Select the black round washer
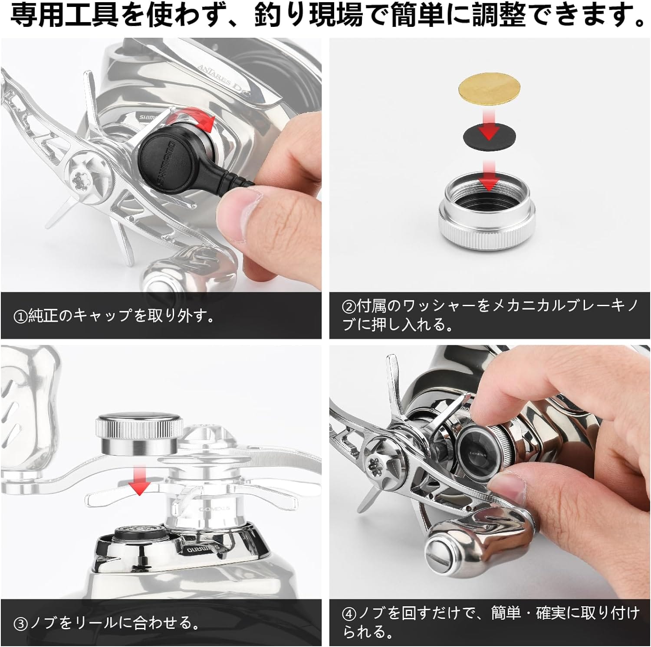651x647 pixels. point(489,136)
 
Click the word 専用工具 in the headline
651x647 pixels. point(64,16)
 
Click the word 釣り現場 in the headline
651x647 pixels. point(309,16)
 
